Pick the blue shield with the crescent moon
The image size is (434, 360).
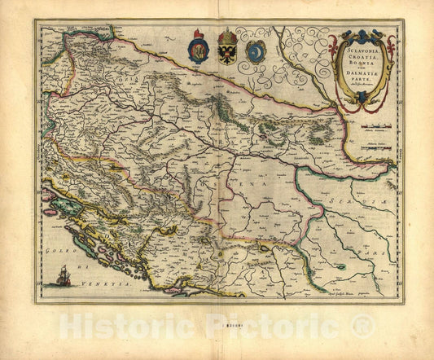click(256, 53)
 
